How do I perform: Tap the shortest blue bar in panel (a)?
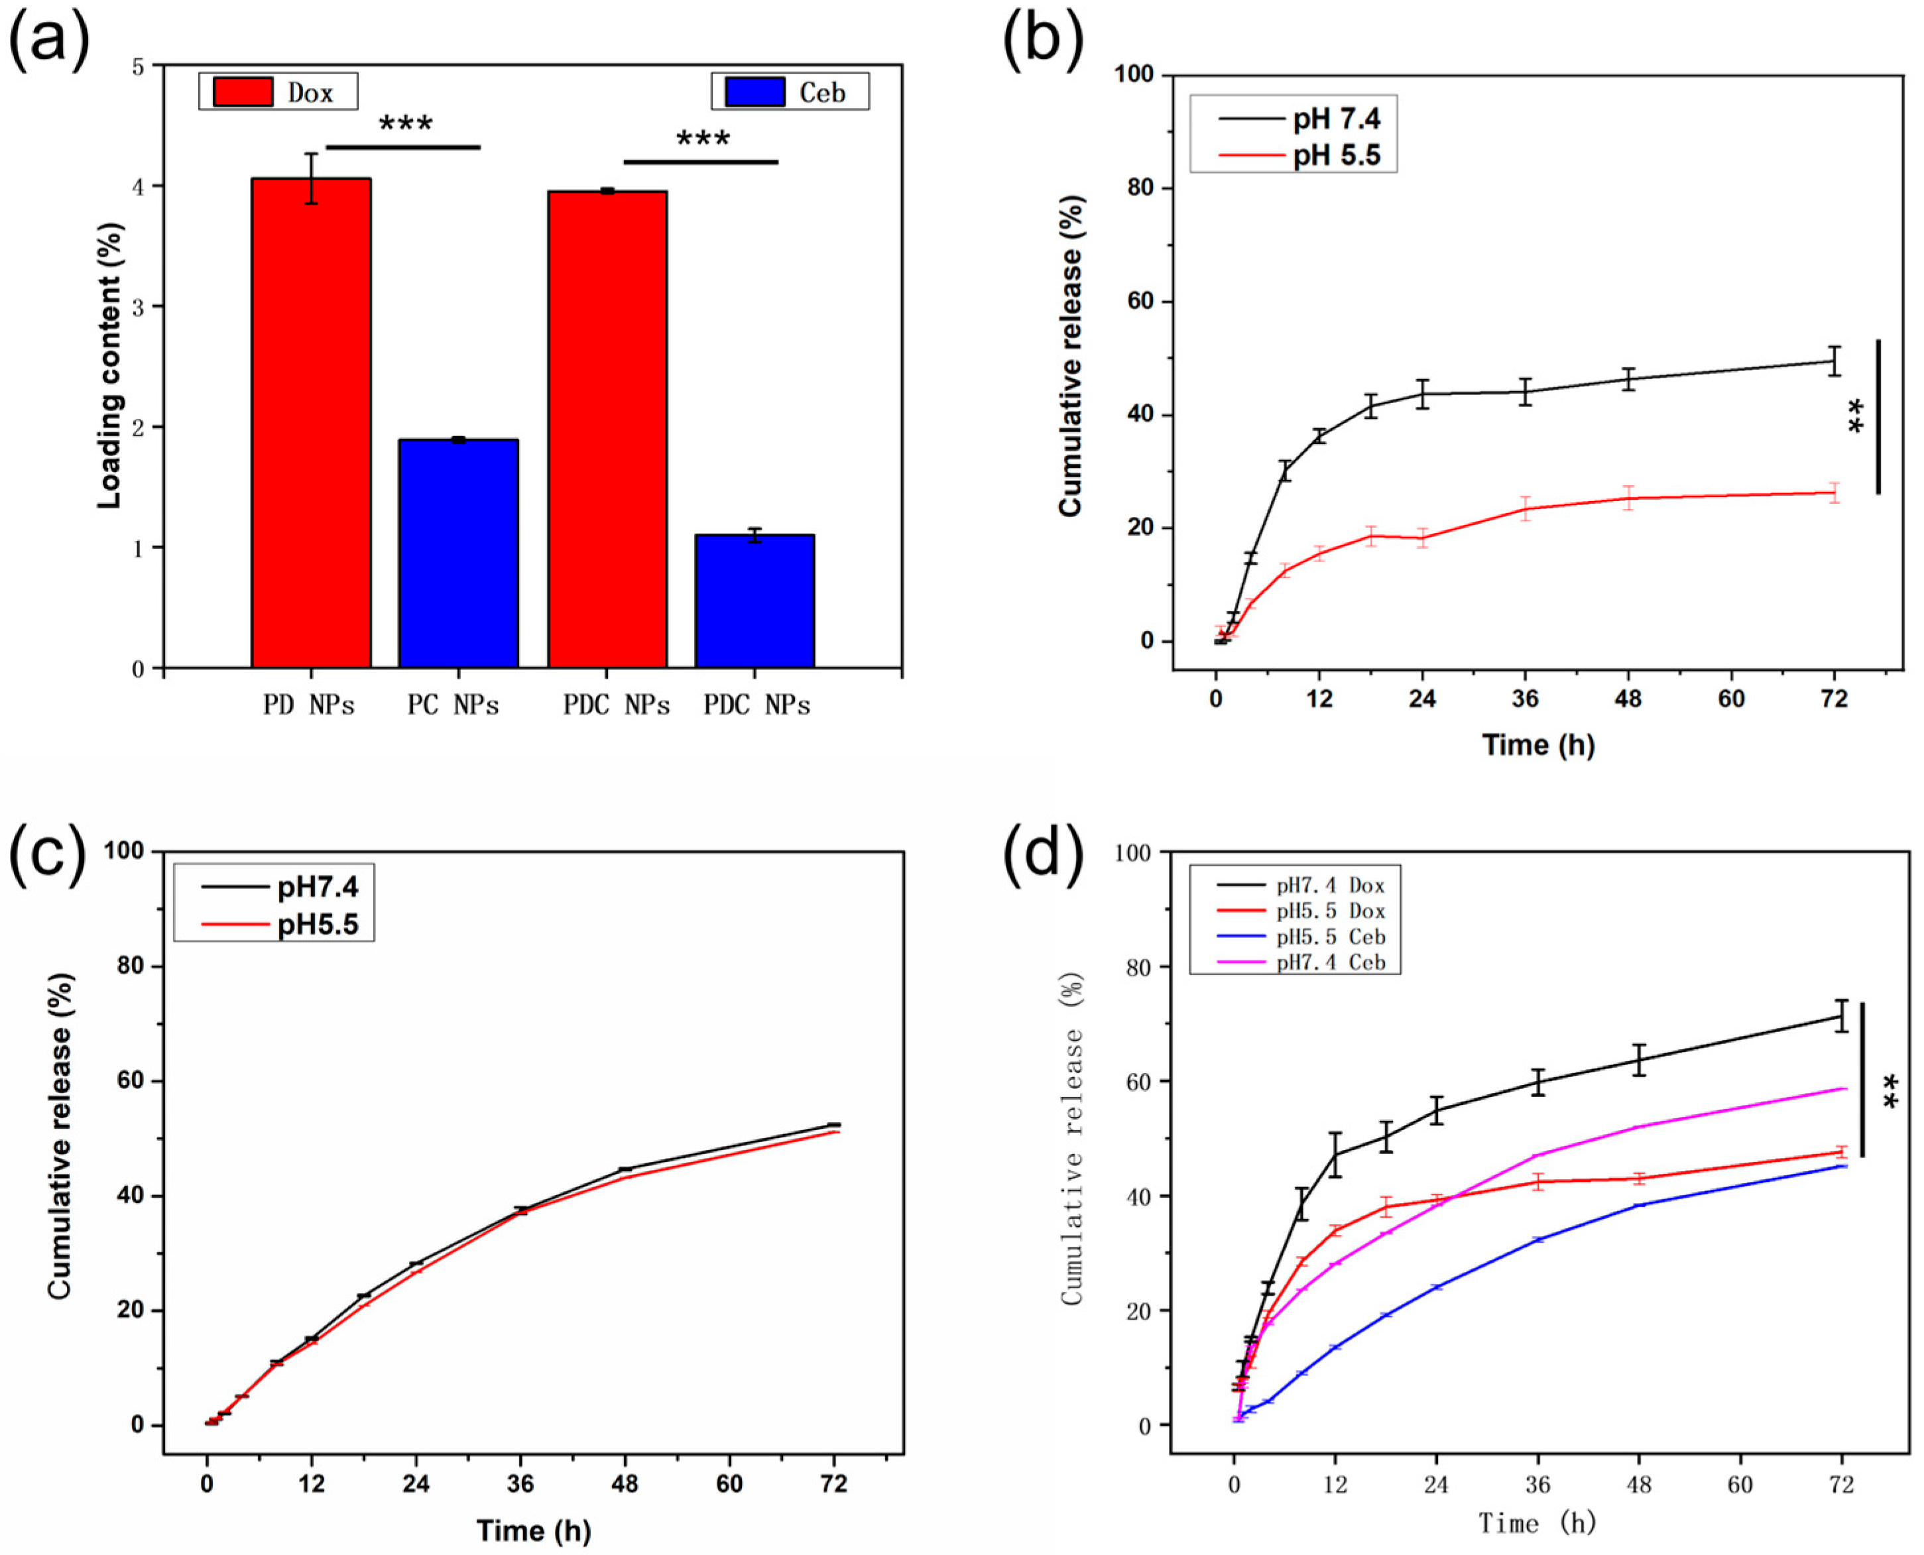(x=754, y=601)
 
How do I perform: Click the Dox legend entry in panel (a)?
(x=278, y=92)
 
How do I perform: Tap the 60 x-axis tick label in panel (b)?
(x=1730, y=699)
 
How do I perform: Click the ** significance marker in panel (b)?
(x=1856, y=416)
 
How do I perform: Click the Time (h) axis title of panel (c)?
(x=533, y=1530)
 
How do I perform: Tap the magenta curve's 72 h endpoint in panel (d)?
(x=1842, y=1089)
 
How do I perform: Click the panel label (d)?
(x=1042, y=856)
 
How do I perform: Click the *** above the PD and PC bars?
(x=405, y=123)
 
